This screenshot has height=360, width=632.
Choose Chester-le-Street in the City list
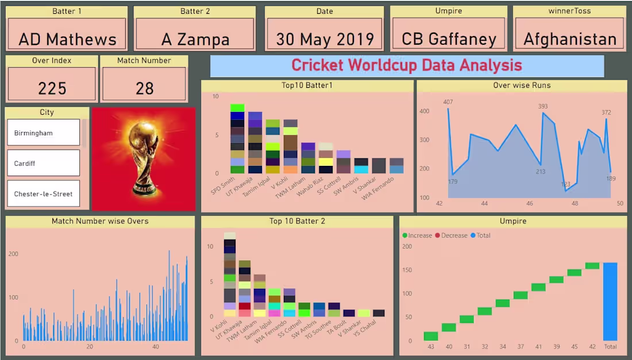coord(43,194)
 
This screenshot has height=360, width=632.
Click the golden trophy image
coord(143,158)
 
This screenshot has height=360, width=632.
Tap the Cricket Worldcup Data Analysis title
coord(407,65)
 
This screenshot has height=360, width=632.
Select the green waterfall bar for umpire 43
coord(431,336)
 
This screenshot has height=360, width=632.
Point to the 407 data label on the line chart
coord(448,102)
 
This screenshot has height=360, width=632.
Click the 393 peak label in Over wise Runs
coord(543,106)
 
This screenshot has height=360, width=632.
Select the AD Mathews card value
coord(67,39)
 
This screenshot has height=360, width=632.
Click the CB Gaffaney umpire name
coord(449,39)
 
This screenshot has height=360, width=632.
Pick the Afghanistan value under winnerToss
coord(569,39)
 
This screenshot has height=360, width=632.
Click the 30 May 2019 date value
coord(325,39)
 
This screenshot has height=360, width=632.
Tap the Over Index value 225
coord(52,88)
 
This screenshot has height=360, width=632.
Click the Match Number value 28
coord(145,88)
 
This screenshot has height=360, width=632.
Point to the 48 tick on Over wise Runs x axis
coord(575,204)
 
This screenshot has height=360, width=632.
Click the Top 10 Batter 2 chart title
coord(297,221)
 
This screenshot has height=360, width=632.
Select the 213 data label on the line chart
coord(541,172)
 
